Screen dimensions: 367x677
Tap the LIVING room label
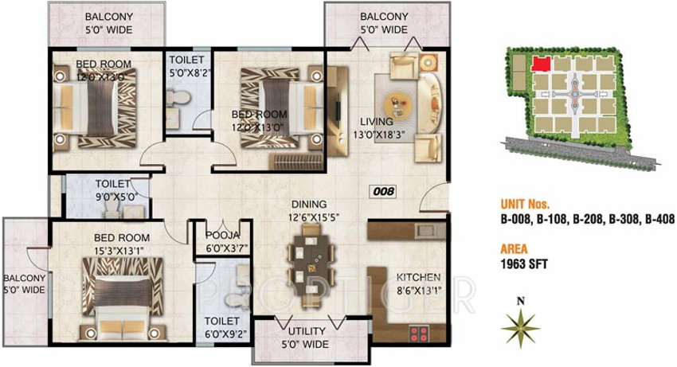(376, 122)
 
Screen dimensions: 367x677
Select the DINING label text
(307, 203)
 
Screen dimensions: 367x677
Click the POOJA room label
(217, 236)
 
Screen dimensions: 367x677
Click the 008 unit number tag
(385, 191)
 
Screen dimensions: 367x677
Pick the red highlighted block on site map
(542, 63)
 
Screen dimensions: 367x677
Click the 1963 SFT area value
(523, 262)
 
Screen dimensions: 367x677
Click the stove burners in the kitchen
(418, 334)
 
